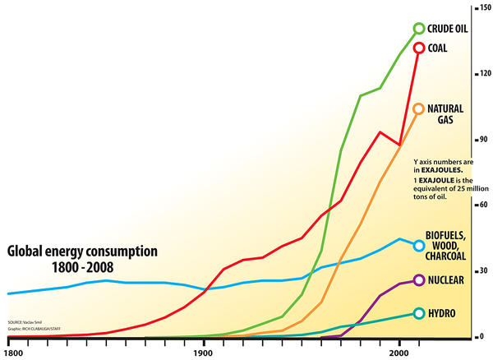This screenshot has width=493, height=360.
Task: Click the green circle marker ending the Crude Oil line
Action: (419, 29)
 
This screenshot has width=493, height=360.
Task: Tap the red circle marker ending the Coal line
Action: (419, 48)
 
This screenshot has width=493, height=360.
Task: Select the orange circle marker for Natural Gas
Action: (419, 108)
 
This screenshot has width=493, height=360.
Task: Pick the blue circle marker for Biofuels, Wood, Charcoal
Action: (419, 245)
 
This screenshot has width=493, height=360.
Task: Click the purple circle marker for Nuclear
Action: (419, 280)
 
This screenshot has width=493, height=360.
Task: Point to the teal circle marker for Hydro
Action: (419, 313)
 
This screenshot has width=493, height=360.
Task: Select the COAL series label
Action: (440, 48)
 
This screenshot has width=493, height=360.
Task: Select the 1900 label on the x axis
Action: (205, 352)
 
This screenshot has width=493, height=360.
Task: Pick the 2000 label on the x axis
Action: (399, 352)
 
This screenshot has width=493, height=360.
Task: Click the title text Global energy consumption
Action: (82, 251)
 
